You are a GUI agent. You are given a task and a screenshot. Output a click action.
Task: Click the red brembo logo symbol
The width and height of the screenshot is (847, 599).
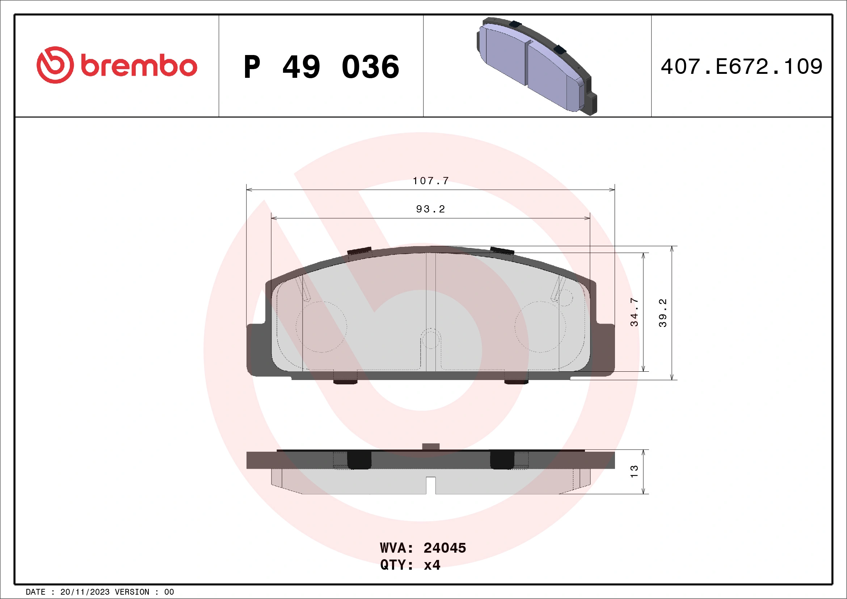click(55, 65)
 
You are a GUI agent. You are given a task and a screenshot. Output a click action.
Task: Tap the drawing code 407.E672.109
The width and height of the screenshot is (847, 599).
click(742, 67)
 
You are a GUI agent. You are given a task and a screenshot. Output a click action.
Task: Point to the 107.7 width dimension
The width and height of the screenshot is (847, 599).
click(430, 181)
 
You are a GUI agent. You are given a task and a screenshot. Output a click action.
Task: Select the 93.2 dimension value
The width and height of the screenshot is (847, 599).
click(430, 209)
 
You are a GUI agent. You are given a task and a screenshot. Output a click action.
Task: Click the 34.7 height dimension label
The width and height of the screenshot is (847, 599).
click(634, 312)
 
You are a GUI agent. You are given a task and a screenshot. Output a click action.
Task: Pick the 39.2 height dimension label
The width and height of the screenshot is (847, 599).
click(662, 313)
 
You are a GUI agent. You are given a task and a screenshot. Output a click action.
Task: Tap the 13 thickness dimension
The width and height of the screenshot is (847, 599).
click(634, 471)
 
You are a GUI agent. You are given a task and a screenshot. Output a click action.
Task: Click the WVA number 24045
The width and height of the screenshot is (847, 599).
click(444, 548)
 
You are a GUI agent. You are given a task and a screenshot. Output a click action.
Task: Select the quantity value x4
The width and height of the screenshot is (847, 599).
click(432, 565)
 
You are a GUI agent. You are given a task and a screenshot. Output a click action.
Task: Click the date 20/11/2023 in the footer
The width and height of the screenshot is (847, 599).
click(85, 592)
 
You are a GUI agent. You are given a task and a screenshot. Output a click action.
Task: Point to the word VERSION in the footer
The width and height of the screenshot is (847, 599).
click(132, 592)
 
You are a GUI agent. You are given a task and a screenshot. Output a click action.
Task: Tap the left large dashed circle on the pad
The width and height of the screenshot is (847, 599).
click(321, 327)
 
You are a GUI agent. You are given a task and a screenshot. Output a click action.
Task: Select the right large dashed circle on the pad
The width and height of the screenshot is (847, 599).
click(540, 327)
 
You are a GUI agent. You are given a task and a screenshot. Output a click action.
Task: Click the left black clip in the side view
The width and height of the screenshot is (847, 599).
click(359, 460)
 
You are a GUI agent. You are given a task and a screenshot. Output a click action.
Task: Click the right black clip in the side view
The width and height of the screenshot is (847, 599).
click(502, 460)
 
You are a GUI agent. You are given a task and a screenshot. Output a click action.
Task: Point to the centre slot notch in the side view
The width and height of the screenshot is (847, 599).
click(430, 485)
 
